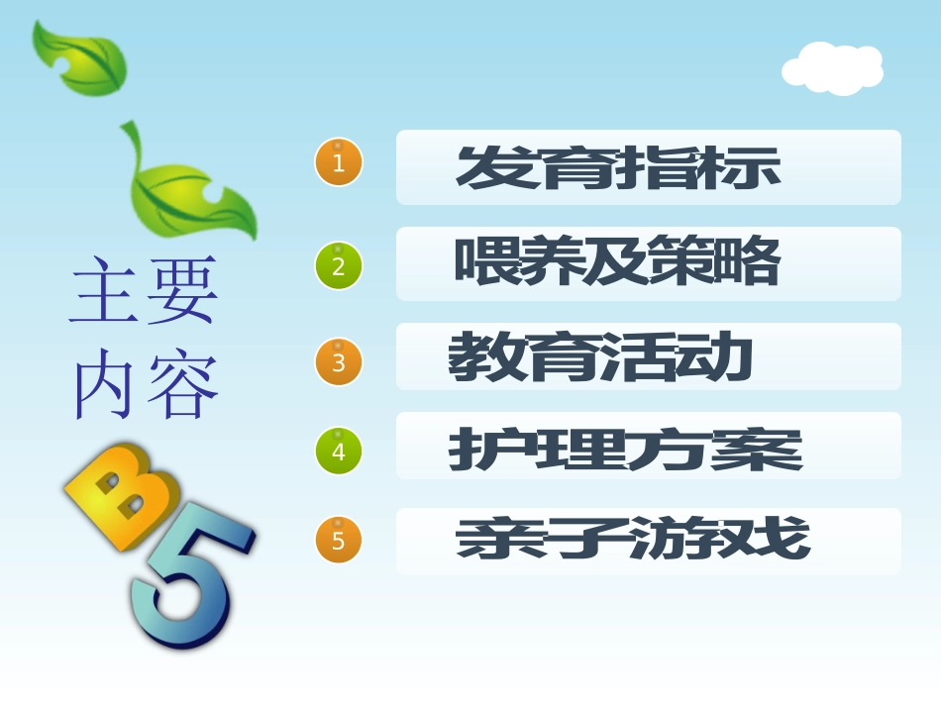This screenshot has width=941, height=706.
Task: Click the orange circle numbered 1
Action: click(339, 162)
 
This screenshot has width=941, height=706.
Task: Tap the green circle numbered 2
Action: click(339, 265)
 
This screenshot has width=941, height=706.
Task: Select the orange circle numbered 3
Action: click(339, 361)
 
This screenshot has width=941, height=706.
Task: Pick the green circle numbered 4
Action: click(339, 452)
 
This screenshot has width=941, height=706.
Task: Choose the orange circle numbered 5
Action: click(339, 541)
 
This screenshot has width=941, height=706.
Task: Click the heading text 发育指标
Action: click(618, 168)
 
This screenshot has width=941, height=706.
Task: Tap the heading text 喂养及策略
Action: click(617, 263)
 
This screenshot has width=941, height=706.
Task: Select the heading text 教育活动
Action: click(600, 358)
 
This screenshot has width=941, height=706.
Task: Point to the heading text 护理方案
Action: click(625, 450)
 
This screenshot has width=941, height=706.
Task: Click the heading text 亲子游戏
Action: click(633, 541)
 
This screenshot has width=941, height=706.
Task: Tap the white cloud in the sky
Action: click(833, 68)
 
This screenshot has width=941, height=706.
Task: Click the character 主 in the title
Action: click(105, 292)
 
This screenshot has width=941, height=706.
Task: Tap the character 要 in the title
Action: click(181, 292)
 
